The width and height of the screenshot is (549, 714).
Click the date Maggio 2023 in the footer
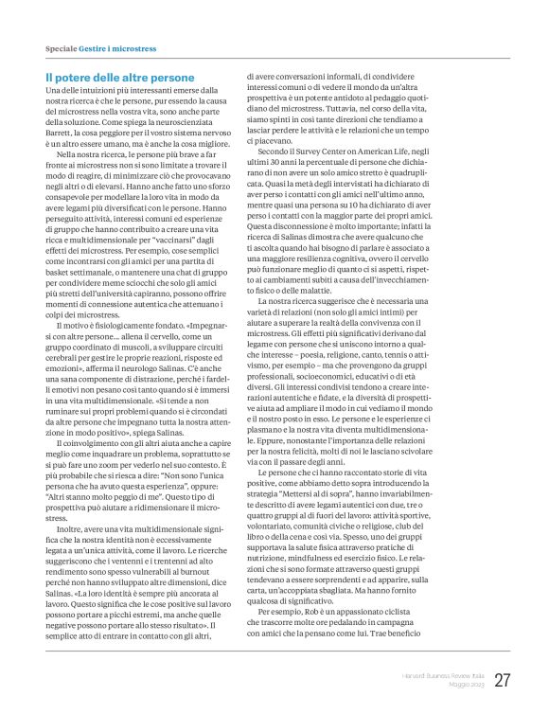click(x=461, y=684)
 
